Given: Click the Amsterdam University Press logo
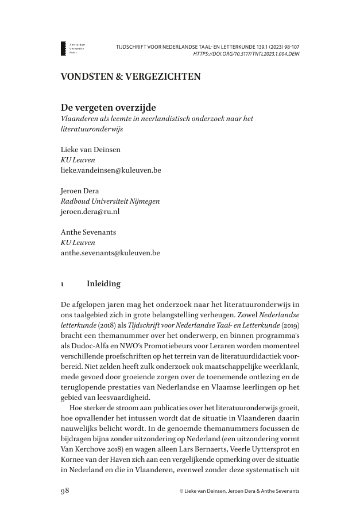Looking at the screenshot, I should (64, 48).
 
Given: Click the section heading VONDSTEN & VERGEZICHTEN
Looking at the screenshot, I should (131, 76).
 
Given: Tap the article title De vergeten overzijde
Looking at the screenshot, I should (109, 107).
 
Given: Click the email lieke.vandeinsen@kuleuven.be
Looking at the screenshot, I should (111, 170).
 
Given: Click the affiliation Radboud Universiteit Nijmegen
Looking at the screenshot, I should (110, 201).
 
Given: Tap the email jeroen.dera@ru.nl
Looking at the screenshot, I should (90, 212).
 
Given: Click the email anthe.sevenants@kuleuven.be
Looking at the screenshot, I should (110, 253).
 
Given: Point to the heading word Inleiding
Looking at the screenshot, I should (103, 283).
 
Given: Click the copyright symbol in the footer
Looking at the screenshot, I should (181, 492).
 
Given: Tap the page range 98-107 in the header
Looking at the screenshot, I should (287, 45).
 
